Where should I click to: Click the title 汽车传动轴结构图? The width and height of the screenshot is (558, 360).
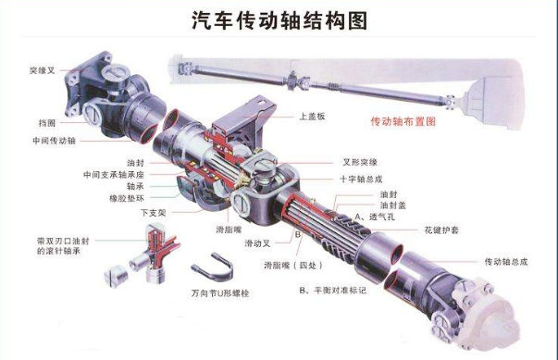point(279,20)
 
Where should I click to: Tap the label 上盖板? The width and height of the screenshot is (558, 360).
point(310,118)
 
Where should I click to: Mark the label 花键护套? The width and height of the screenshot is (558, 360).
point(449,227)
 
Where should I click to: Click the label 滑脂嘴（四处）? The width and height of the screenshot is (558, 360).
point(287,264)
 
